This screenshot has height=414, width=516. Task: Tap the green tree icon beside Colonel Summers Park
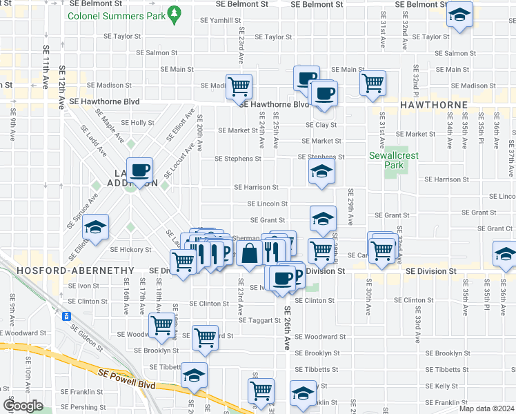175,12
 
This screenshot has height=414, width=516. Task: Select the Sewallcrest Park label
384,160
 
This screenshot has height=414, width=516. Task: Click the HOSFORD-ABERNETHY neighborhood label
66,271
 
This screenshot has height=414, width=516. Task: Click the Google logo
23,406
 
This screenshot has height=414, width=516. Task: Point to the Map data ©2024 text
486,408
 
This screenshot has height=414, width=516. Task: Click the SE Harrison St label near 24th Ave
256,187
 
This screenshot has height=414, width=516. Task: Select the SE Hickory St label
130,250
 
